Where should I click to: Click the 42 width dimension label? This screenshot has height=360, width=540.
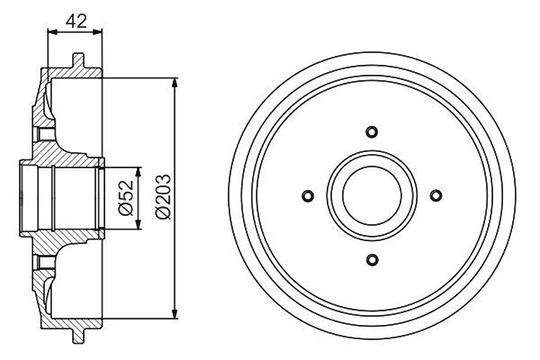pos(76,21)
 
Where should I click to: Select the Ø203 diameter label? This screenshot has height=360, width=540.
pos(162,197)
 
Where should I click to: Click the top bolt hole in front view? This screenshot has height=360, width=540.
pos(372,132)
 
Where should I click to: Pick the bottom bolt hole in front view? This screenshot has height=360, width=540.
pos(372,260)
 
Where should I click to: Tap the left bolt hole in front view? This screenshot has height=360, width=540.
pos(308,196)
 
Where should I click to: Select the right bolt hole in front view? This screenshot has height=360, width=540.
pos(436,196)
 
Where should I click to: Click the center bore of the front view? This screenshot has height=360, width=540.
pos(372,196)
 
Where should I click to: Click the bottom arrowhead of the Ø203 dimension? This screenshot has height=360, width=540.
pos(174,314)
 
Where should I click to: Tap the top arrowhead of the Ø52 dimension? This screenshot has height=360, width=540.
pos(138,171)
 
